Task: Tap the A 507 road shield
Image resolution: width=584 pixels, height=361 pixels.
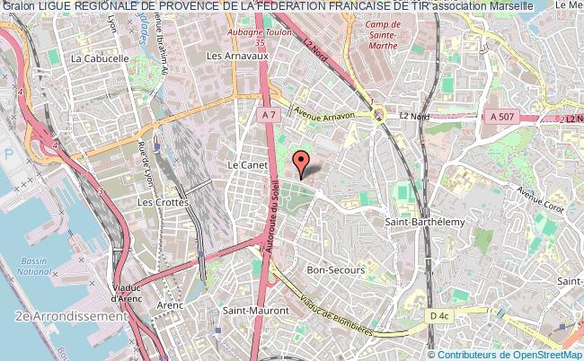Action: click(x=504, y=116)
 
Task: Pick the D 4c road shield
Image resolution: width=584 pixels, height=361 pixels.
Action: click(x=438, y=316)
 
